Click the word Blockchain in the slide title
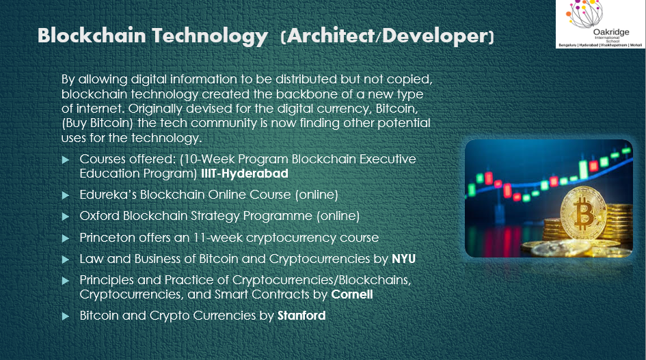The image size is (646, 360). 92,36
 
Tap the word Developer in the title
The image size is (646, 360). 435,36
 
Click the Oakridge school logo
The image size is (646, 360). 601,24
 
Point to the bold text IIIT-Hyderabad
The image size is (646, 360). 244,174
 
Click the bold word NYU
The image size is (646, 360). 403,259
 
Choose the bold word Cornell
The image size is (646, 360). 352,294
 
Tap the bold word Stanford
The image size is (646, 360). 301,316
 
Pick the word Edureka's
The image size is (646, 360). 108,195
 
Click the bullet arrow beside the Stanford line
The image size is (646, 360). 65,316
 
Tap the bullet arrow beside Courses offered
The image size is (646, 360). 65,160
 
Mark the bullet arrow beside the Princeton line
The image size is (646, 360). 65,238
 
